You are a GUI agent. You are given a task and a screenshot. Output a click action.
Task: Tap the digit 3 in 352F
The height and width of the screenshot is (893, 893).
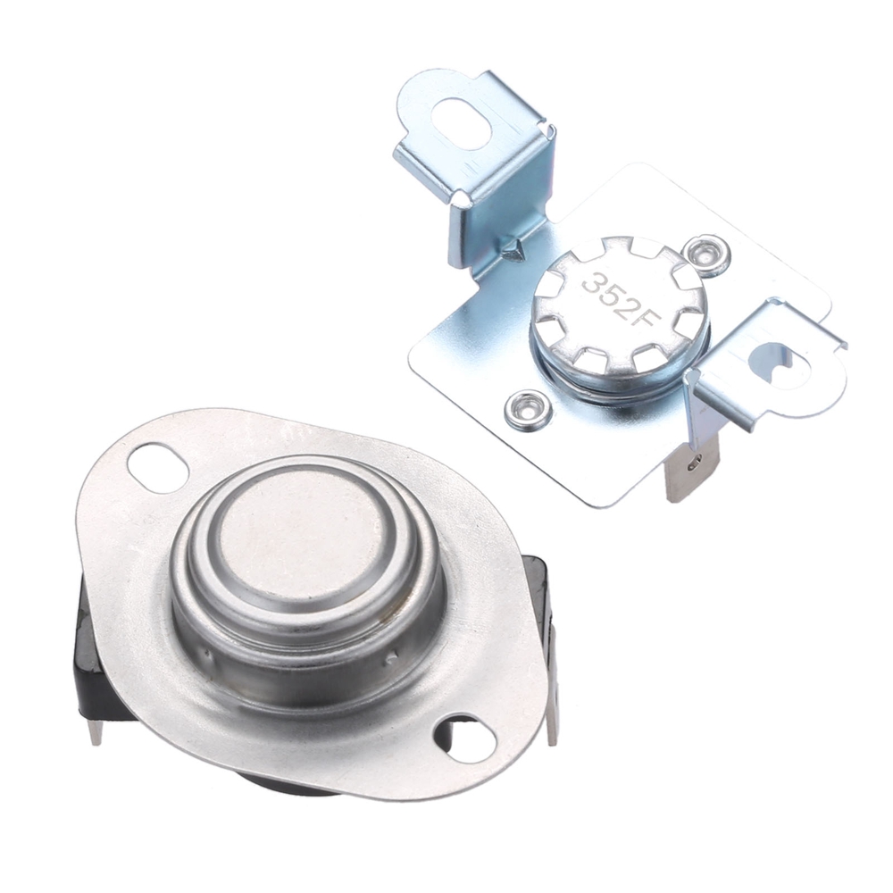click(x=592, y=282)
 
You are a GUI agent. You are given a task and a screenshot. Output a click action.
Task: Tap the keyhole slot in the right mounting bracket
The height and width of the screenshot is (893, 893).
click(x=776, y=361)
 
